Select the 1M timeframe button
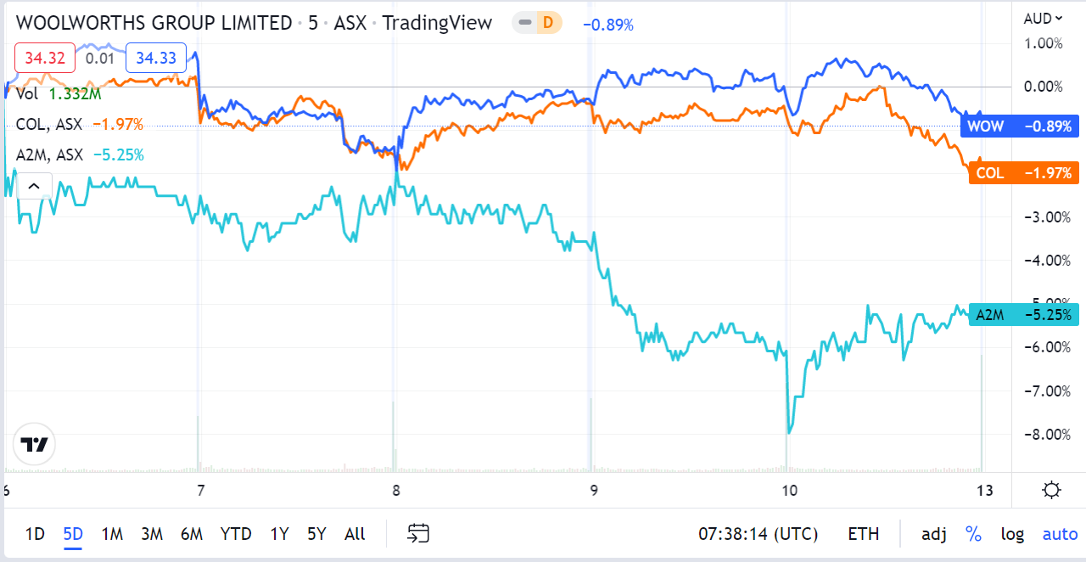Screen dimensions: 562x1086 112,534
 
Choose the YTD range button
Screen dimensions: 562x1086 235,534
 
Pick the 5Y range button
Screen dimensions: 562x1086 316,534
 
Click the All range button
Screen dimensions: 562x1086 355,534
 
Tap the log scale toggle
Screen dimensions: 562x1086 1012,534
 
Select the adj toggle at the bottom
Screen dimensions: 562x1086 934,534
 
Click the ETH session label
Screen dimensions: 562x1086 863,534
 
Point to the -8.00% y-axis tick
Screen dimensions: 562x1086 1041,435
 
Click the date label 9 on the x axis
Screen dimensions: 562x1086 594,490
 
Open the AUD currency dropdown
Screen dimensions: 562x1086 1043,19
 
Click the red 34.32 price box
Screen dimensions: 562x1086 45,58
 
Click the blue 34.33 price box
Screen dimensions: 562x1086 156,58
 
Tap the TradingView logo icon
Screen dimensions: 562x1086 35,445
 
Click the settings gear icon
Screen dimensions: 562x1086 1052,490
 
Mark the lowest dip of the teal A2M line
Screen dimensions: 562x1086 790,433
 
